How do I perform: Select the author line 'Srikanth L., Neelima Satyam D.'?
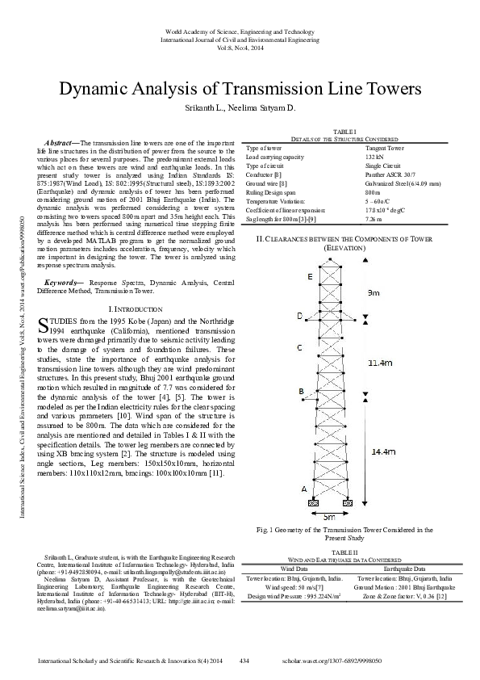(240, 107)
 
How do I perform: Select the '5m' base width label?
(328, 515)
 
